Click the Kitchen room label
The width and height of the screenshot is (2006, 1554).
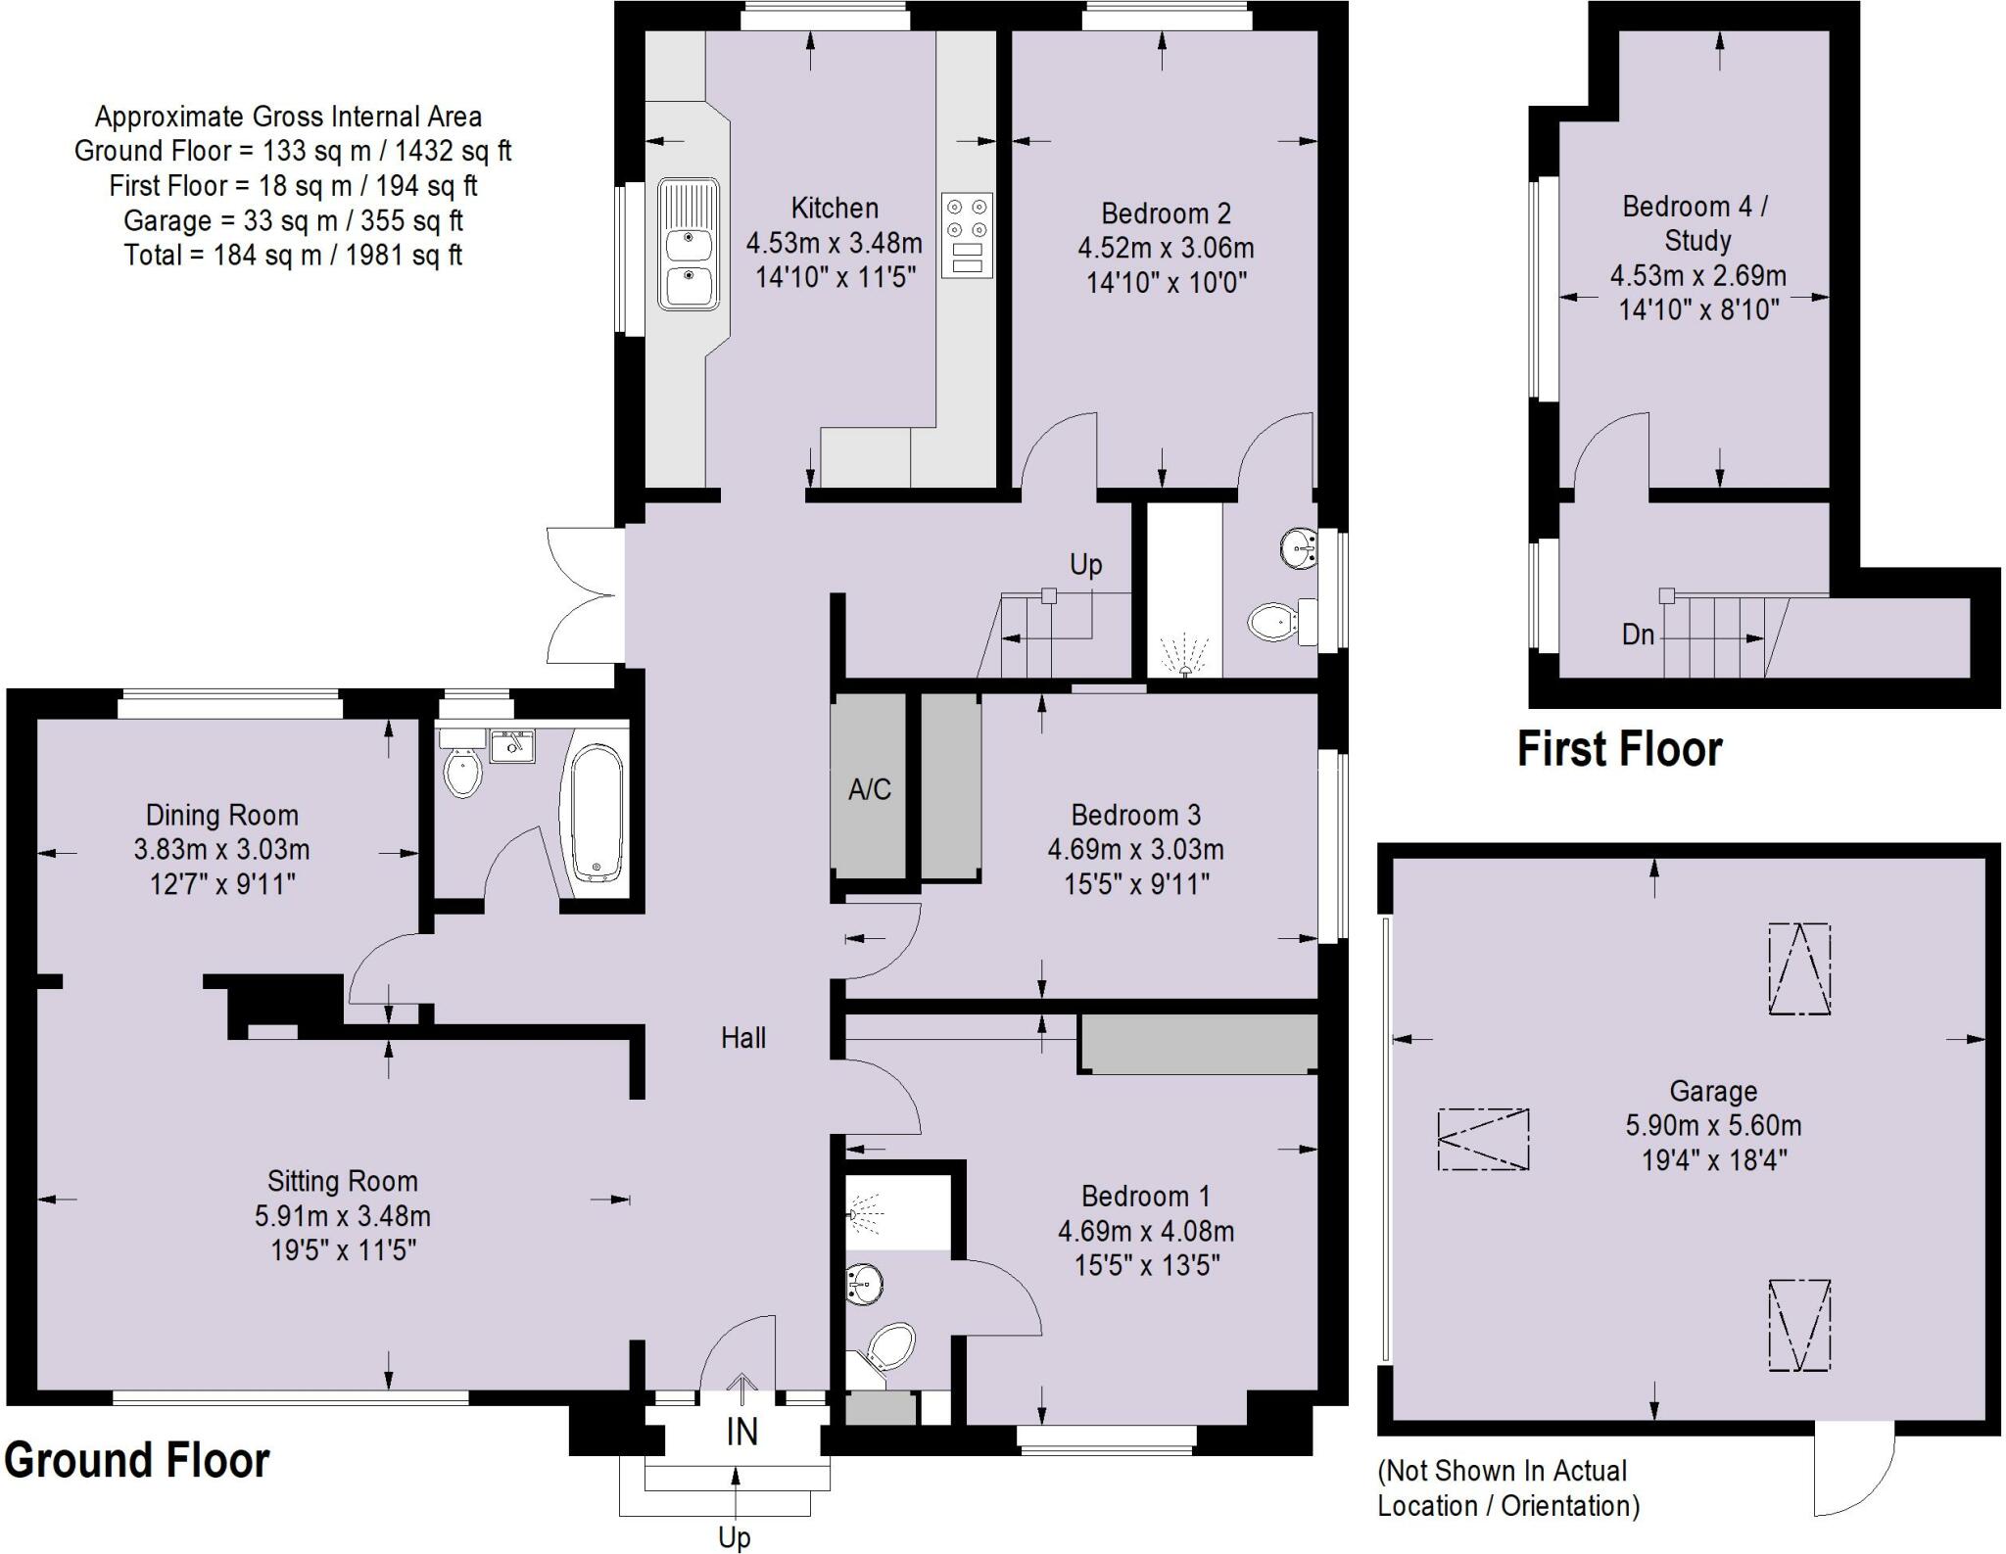[834, 209]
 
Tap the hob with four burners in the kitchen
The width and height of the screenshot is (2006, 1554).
[967, 235]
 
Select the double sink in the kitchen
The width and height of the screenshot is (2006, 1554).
[689, 244]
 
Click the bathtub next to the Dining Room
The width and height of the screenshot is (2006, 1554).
[597, 812]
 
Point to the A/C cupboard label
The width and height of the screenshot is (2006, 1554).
[869, 789]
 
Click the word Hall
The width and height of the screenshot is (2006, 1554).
[742, 1038]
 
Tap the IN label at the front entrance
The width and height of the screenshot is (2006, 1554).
[741, 1432]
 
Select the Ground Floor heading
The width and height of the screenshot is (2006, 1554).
[137, 1460]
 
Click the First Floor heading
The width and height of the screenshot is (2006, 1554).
[1619, 749]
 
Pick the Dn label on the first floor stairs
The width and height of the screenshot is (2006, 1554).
[1638, 635]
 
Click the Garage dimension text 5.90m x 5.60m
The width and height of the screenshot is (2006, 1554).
[1713, 1126]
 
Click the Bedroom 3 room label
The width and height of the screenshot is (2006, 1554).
[1135, 815]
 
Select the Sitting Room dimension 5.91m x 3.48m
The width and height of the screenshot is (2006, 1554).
[342, 1216]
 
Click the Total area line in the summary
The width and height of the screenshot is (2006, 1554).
[293, 256]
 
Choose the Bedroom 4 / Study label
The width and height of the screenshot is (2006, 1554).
[1696, 223]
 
